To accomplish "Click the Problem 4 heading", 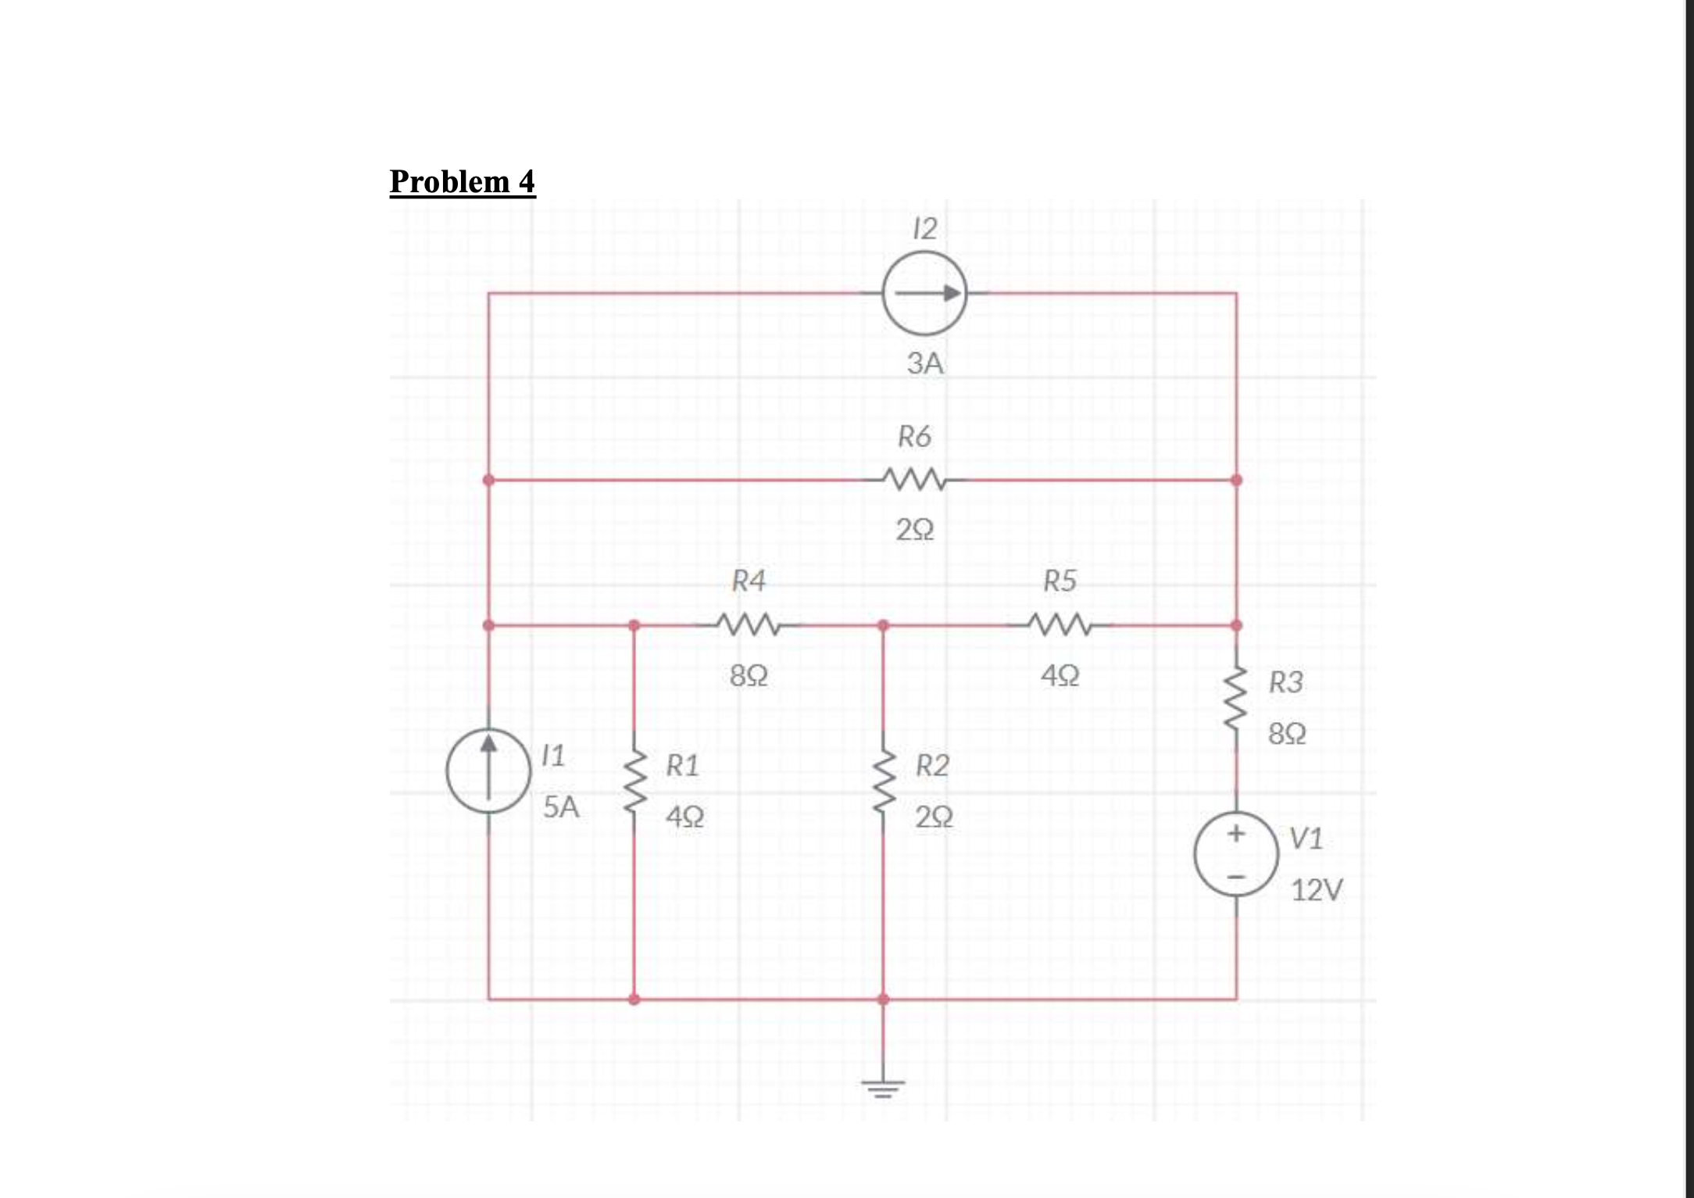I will pyautogui.click(x=462, y=181).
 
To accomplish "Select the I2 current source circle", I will pyautogui.click(x=924, y=294).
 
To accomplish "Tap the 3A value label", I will pyautogui.click(x=925, y=363).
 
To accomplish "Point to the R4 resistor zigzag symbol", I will pyautogui.click(x=747, y=625).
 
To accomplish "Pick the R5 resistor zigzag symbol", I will pyautogui.click(x=1060, y=625).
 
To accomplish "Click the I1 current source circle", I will pyautogui.click(x=488, y=771).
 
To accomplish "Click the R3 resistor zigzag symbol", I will pyautogui.click(x=1236, y=698).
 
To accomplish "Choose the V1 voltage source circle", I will pyautogui.click(x=1236, y=856).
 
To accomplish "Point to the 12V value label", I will pyautogui.click(x=1317, y=890).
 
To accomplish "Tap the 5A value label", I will pyautogui.click(x=561, y=806).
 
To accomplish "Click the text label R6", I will pyautogui.click(x=914, y=436).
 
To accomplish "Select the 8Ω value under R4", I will pyautogui.click(x=749, y=675).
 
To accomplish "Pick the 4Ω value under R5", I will pyautogui.click(x=1060, y=675).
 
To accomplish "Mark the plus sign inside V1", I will pyautogui.click(x=1236, y=834).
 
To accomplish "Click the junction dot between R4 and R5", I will pyautogui.click(x=883, y=625).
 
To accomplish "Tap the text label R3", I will pyautogui.click(x=1285, y=682).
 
